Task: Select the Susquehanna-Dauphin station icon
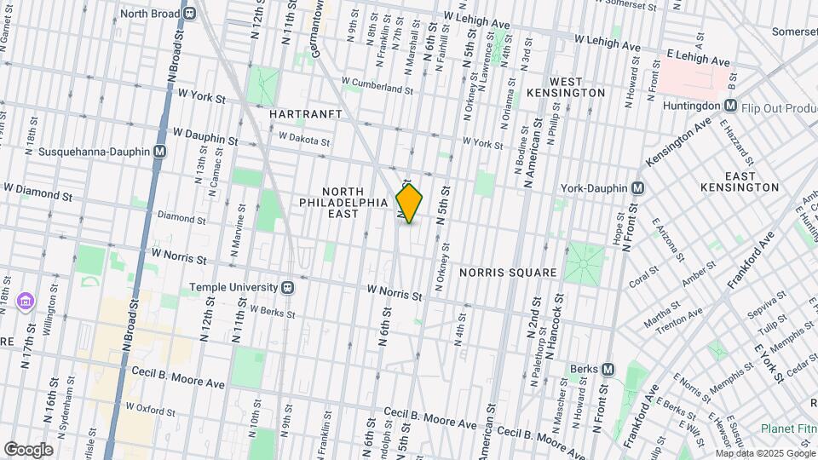pyautogui.click(x=160, y=152)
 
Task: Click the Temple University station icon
pyautogui.click(x=288, y=288)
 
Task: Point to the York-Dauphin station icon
pyautogui.click(x=637, y=187)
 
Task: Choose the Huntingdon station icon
pyautogui.click(x=730, y=106)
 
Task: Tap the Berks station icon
pyautogui.click(x=608, y=369)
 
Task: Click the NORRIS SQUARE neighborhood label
pyautogui.click(x=508, y=273)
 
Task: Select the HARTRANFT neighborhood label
pyautogui.click(x=306, y=113)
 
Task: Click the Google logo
pyautogui.click(x=28, y=449)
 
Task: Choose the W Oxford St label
pyautogui.click(x=151, y=410)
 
